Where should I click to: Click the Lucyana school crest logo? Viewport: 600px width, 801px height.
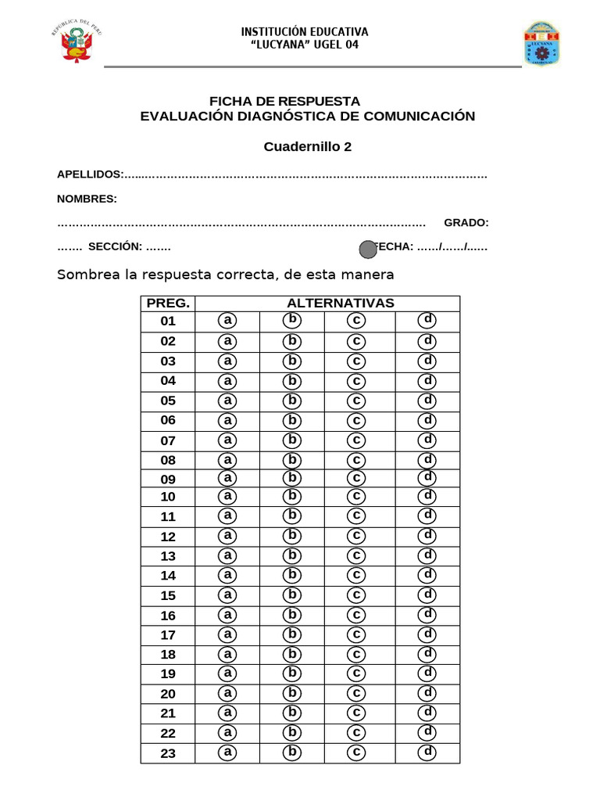[x=541, y=44]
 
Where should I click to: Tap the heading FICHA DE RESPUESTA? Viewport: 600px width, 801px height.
[x=284, y=102]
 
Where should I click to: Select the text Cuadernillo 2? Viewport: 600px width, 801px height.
[x=307, y=146]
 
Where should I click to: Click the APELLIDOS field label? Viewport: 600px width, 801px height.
[x=90, y=174]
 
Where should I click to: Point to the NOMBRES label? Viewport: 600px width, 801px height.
[x=87, y=199]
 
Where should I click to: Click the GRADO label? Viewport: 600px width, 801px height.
[x=466, y=223]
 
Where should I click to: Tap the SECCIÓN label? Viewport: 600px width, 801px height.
[x=115, y=246]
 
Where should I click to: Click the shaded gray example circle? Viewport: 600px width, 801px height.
[x=368, y=249]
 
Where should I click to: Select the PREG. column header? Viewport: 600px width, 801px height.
[x=168, y=304]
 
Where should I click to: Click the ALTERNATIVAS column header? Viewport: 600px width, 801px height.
[x=340, y=304]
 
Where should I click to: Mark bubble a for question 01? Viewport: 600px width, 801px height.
[x=227, y=321]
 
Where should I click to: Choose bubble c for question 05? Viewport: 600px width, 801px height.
[x=356, y=400]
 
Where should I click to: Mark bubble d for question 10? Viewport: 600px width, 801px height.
[x=427, y=495]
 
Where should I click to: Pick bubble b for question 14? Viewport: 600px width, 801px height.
[x=292, y=575]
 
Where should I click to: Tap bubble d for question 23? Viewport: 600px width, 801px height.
[x=427, y=753]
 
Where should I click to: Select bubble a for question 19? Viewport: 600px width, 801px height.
[x=227, y=673]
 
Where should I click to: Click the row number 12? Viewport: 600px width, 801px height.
[x=168, y=537]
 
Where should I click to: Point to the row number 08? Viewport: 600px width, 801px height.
[x=168, y=460]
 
